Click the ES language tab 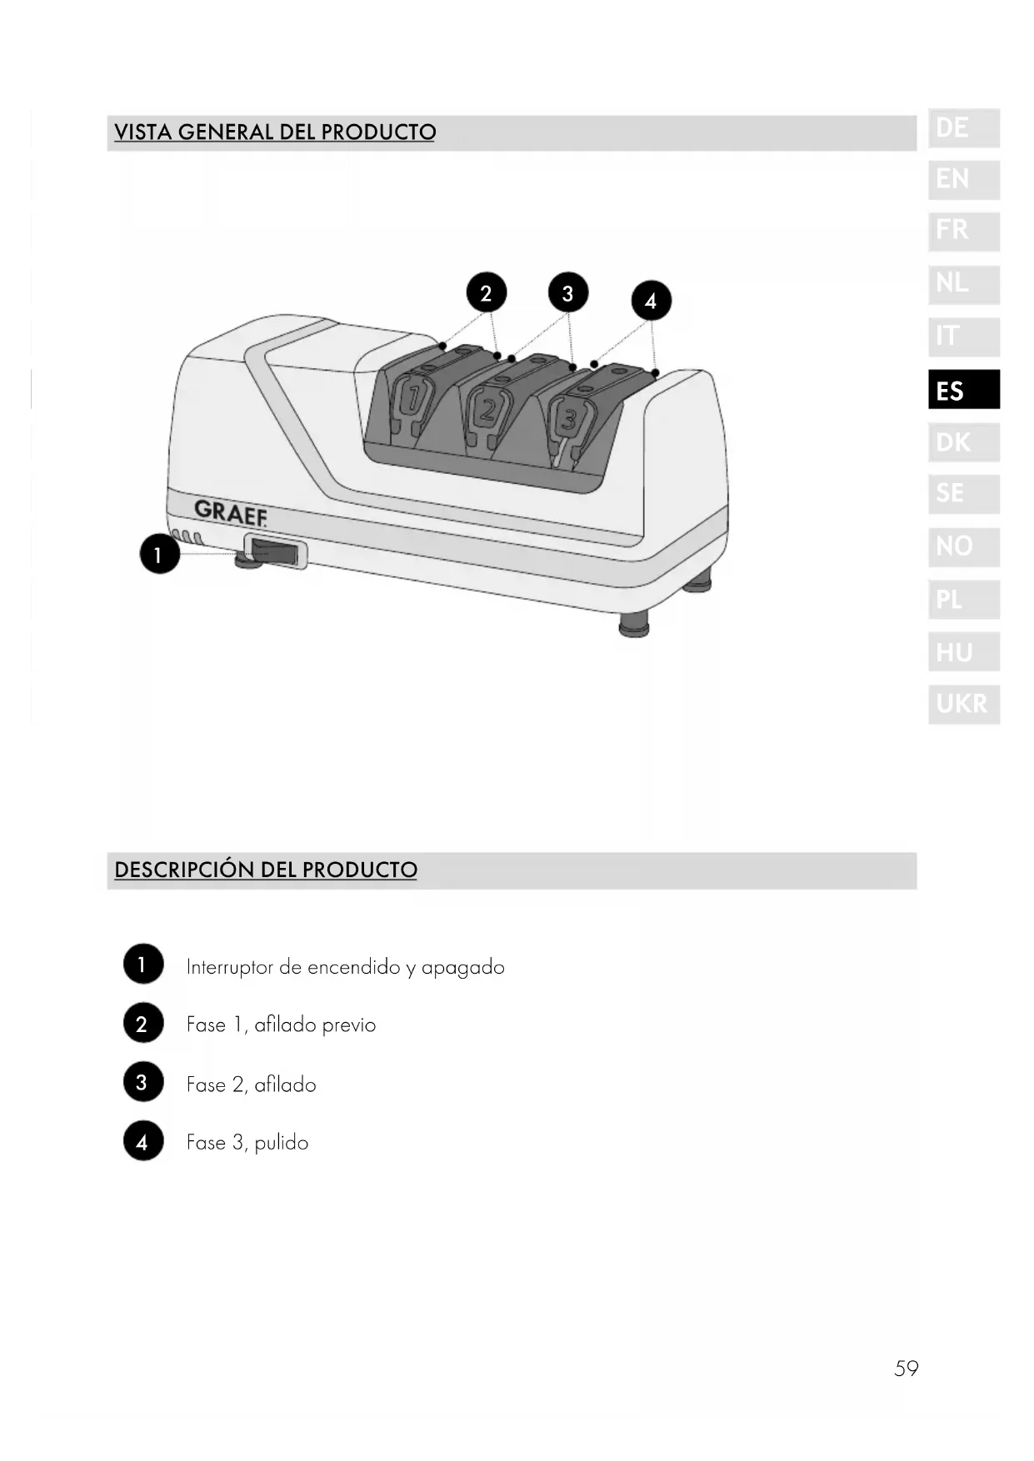point(963,390)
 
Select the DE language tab point(963,128)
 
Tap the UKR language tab point(963,704)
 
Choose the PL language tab point(963,599)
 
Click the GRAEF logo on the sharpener point(231,512)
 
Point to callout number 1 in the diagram point(158,554)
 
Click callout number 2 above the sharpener point(486,292)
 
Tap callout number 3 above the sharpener point(567,293)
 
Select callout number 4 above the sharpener point(650,301)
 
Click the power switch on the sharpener point(274,552)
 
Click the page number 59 point(906,1369)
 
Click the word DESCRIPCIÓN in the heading point(184,870)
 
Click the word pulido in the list point(282,1143)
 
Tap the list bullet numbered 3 point(142,1083)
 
